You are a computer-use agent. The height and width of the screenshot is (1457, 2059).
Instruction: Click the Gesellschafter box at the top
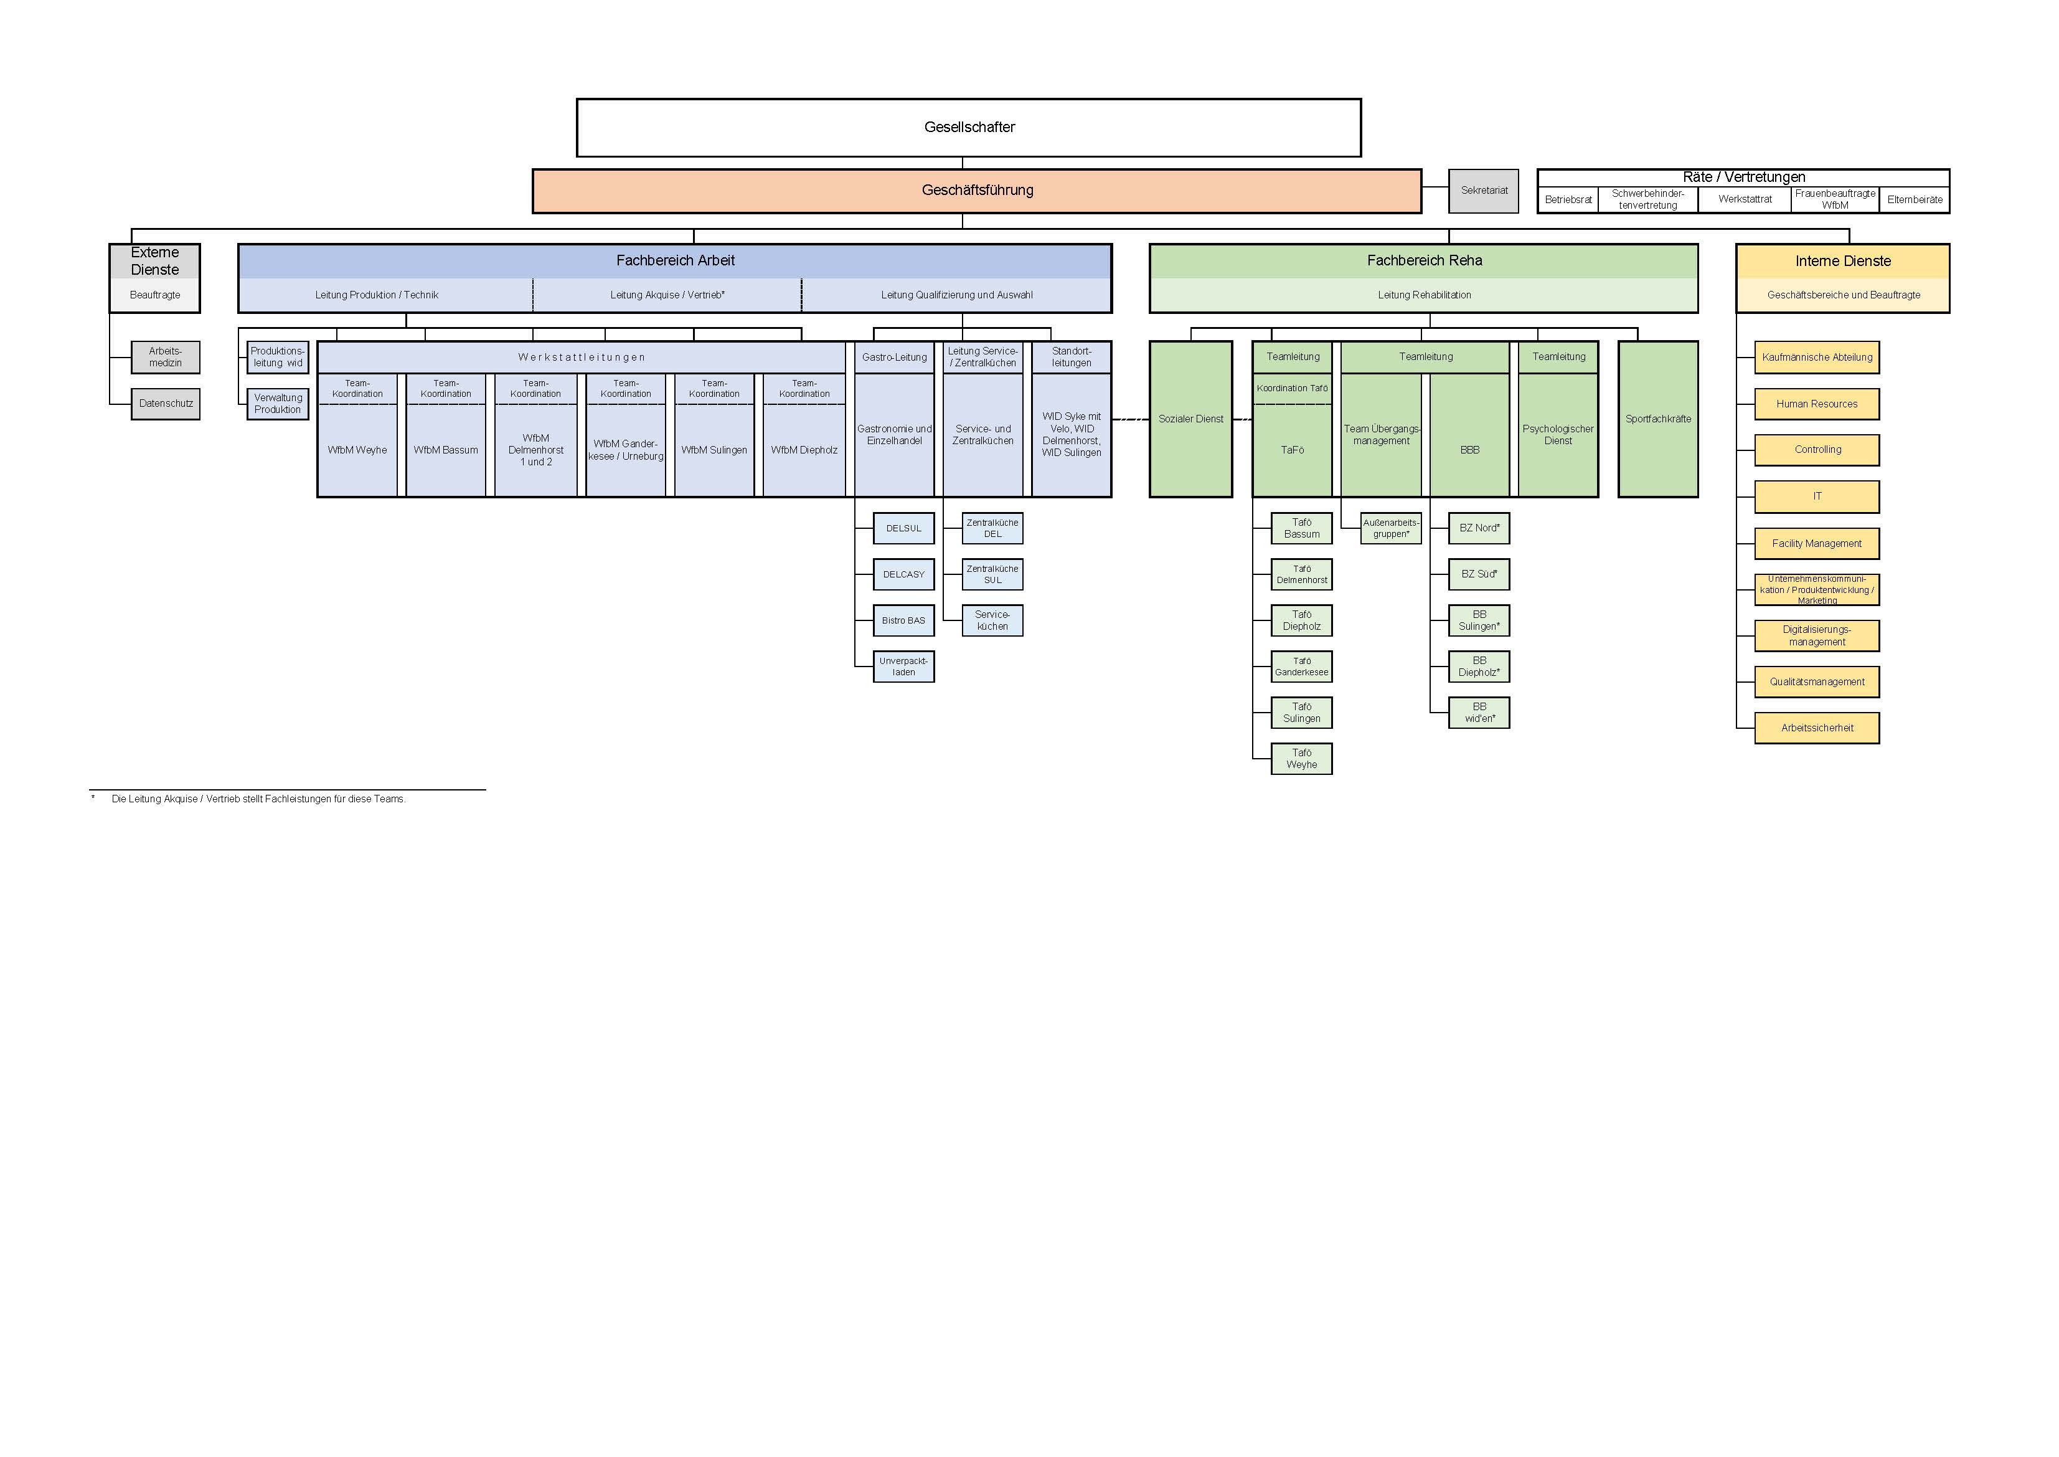coord(969,128)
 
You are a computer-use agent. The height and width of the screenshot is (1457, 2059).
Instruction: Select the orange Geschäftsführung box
coord(977,190)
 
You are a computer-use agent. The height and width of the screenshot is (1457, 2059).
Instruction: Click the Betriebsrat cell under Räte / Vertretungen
coord(1568,200)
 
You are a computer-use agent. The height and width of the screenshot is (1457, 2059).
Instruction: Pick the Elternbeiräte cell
coord(1914,200)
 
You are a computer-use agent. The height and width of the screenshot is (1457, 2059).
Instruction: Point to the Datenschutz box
coord(165,404)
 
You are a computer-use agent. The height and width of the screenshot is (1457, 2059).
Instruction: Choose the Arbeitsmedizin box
coord(165,357)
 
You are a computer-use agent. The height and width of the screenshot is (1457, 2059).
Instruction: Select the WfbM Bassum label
coord(446,450)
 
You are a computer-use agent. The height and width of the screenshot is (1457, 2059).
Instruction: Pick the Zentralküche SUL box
coord(992,574)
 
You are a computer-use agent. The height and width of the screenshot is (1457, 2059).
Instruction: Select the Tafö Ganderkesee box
coord(1301,667)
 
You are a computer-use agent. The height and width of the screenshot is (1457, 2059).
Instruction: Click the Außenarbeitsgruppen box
coord(1390,528)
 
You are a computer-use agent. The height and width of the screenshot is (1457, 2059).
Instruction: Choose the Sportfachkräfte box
coord(1657,419)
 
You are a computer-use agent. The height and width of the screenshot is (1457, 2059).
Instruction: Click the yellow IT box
coord(1816,496)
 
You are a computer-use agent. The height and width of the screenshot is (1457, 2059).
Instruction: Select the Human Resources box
coord(1816,404)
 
